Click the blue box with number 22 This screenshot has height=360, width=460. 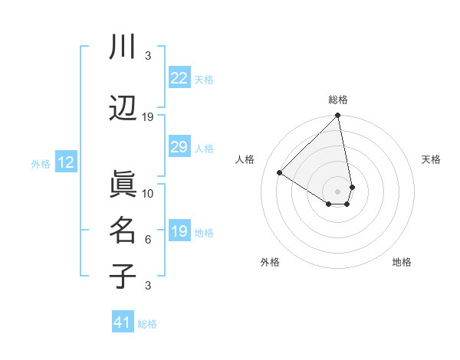[x=179, y=78]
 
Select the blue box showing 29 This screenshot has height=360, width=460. [x=179, y=147]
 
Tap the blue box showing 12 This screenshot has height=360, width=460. [x=66, y=162]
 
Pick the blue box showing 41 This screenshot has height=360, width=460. [x=123, y=322]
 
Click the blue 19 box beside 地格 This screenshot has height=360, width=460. [x=179, y=231]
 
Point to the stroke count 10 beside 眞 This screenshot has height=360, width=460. [x=148, y=193]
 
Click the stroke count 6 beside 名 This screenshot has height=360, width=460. [x=148, y=240]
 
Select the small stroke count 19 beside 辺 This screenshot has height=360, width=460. [x=148, y=116]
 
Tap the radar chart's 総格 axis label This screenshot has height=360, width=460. [x=338, y=100]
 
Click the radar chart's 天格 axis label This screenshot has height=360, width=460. [x=431, y=159]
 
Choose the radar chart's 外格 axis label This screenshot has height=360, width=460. [x=270, y=262]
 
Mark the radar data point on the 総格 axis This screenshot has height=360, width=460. [x=338, y=116]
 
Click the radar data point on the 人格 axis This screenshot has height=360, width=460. [x=280, y=173]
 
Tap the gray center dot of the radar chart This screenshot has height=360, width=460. [x=338, y=191]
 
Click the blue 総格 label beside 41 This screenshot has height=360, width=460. [x=148, y=324]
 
